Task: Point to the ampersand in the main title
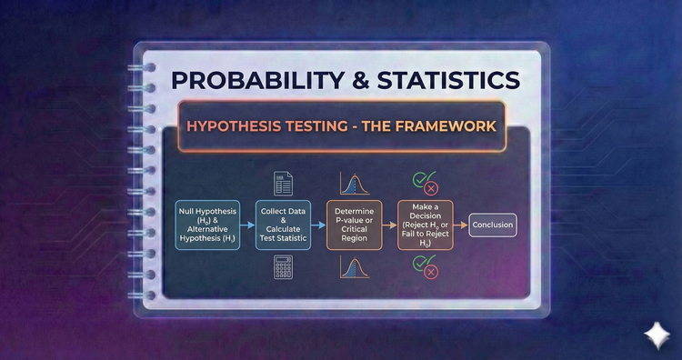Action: [357, 79]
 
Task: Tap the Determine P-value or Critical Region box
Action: [354, 225]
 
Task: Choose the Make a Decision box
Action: [425, 225]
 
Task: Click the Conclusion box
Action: [492, 225]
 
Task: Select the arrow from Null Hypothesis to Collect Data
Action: [246, 225]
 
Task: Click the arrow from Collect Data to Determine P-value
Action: [318, 225]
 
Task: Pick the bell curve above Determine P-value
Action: [354, 183]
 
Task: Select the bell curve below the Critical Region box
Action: [354, 266]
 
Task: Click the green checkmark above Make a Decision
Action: [421, 180]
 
